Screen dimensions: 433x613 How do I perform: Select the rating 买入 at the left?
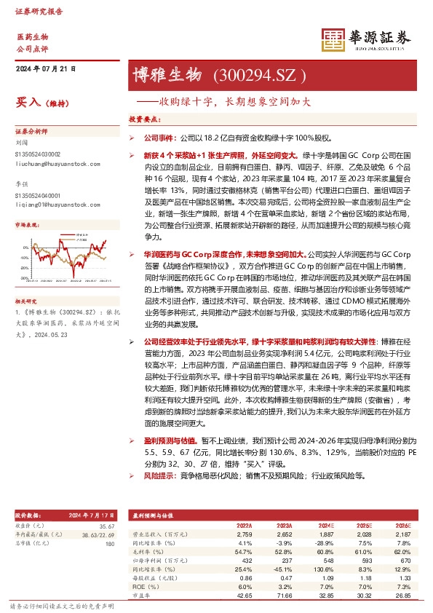pos(27,103)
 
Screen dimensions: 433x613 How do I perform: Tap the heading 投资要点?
pos(144,119)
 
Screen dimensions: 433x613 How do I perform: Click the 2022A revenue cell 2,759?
pos(244,534)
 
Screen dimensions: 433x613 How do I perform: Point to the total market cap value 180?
pos(110,543)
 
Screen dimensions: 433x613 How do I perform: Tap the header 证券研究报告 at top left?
pos(36,12)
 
